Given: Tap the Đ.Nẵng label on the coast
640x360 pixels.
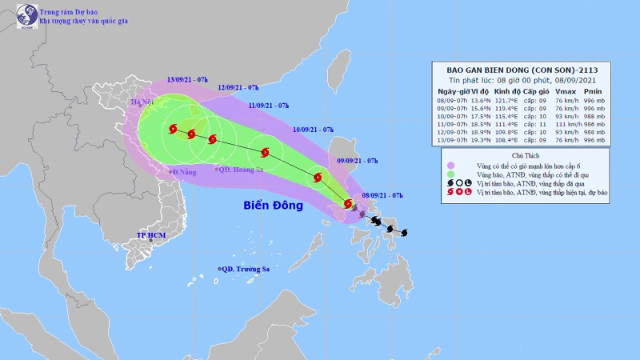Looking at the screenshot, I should [184, 172].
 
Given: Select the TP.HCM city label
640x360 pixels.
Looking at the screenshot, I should [150, 235].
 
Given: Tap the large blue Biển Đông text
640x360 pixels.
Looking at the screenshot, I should [273, 206].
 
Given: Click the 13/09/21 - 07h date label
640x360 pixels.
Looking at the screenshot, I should [188, 80].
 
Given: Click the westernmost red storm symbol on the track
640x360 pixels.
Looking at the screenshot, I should [173, 129].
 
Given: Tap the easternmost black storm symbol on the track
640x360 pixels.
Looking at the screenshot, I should [403, 233].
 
